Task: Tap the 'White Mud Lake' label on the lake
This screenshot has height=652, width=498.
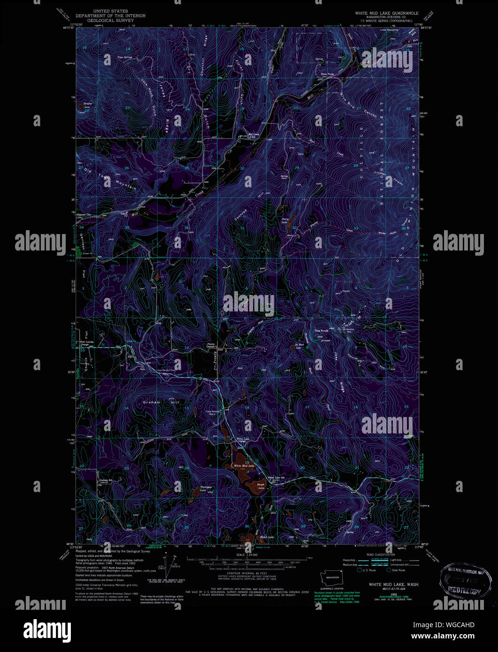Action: click(244, 466)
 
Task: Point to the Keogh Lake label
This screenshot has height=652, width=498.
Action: click(261, 486)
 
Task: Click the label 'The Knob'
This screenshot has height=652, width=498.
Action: click(320, 331)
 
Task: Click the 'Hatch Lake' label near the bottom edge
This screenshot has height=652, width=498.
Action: click(267, 537)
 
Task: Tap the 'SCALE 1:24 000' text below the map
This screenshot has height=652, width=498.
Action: click(247, 554)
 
